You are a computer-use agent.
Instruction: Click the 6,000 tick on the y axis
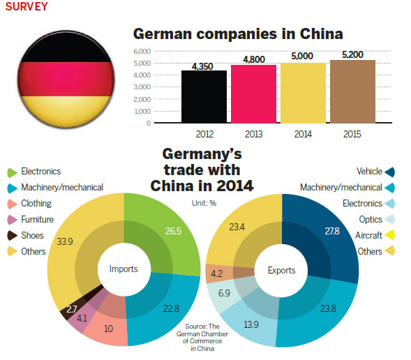click(141, 51)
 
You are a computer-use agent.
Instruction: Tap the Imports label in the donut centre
click(124, 269)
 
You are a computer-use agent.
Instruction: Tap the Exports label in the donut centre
click(282, 270)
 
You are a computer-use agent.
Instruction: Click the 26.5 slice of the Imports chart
click(167, 230)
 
